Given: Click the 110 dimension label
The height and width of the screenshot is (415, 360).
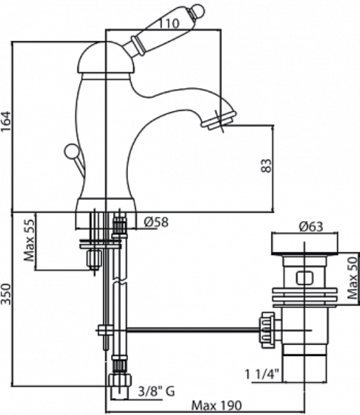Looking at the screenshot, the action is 169,23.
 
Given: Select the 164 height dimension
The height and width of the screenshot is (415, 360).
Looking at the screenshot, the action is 6,122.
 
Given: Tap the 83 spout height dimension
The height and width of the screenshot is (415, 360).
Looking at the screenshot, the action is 267,166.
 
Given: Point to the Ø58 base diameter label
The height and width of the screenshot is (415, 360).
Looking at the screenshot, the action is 156,222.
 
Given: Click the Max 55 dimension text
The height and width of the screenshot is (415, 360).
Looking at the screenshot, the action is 29,240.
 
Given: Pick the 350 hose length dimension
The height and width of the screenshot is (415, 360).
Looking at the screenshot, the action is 6,294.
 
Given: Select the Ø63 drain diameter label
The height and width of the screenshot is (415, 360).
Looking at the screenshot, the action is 311,227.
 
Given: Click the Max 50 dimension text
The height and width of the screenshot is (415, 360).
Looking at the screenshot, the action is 353,278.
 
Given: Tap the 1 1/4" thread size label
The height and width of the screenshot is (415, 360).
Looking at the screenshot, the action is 262,374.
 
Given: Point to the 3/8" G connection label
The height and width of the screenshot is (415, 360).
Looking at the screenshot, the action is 157,391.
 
